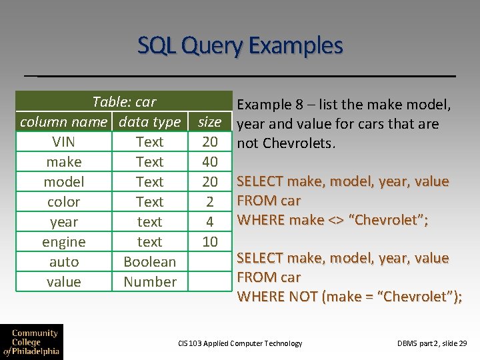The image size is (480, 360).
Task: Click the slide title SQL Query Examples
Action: tap(240, 46)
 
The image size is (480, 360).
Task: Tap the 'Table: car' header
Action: tap(124, 102)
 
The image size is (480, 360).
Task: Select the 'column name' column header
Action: tap(63, 122)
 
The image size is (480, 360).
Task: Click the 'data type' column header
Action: tap(149, 122)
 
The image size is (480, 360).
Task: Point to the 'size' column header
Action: tap(210, 122)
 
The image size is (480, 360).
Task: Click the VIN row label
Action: tap(64, 142)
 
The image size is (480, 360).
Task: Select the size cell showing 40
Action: tap(210, 162)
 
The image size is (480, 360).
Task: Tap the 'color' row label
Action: tap(64, 202)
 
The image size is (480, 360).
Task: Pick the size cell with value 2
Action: tap(210, 202)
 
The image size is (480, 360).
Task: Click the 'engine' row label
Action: tap(64, 242)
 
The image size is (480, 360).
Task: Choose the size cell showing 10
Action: tap(210, 242)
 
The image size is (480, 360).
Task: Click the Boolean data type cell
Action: tap(150, 262)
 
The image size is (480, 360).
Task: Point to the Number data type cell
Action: tap(150, 282)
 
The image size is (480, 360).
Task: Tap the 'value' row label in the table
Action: tap(64, 282)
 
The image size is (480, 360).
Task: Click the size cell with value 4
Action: tap(210, 222)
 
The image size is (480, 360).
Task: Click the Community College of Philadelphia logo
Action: tap(31, 342)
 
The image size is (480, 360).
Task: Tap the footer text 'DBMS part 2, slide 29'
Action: tap(432, 343)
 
